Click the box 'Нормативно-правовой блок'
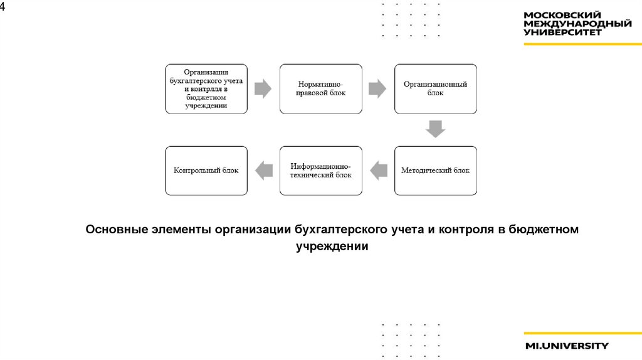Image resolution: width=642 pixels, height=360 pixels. click(321, 88)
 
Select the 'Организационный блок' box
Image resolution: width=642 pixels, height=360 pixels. click(435, 88)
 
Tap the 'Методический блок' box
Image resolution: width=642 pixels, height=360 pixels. click(435, 170)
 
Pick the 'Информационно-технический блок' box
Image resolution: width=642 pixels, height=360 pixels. click(321, 170)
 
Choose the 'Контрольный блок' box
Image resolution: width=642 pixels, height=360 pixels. click(206, 170)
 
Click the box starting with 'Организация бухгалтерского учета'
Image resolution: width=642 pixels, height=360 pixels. click(206, 88)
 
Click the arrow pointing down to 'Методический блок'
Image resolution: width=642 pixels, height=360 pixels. click(435, 129)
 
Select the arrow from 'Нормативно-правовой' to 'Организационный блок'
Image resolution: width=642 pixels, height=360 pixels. click(377, 88)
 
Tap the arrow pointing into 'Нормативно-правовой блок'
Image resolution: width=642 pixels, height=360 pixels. click(263, 88)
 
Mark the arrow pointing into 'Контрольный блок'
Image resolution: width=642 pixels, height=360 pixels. click(264, 170)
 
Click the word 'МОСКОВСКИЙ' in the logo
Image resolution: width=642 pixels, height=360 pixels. click(562, 15)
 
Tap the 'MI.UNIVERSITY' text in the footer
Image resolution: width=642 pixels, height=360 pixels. click(567, 346)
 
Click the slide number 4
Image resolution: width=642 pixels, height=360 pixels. click(3, 6)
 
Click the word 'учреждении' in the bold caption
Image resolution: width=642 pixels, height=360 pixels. click(332, 246)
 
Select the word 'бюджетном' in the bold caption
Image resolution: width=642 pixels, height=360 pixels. click(544, 230)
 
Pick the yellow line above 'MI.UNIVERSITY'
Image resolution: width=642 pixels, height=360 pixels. click(582, 334)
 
